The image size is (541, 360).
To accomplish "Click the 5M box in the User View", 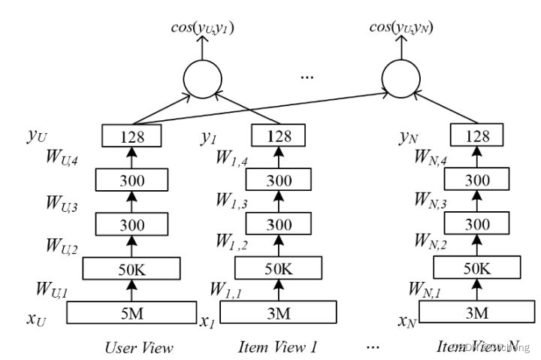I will point(131,312).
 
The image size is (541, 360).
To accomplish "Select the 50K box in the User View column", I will point(131,268).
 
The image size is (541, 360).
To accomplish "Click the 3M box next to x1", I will point(279,312).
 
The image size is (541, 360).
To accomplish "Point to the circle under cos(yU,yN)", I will point(404,77).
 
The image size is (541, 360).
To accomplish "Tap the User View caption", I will point(139,347).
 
